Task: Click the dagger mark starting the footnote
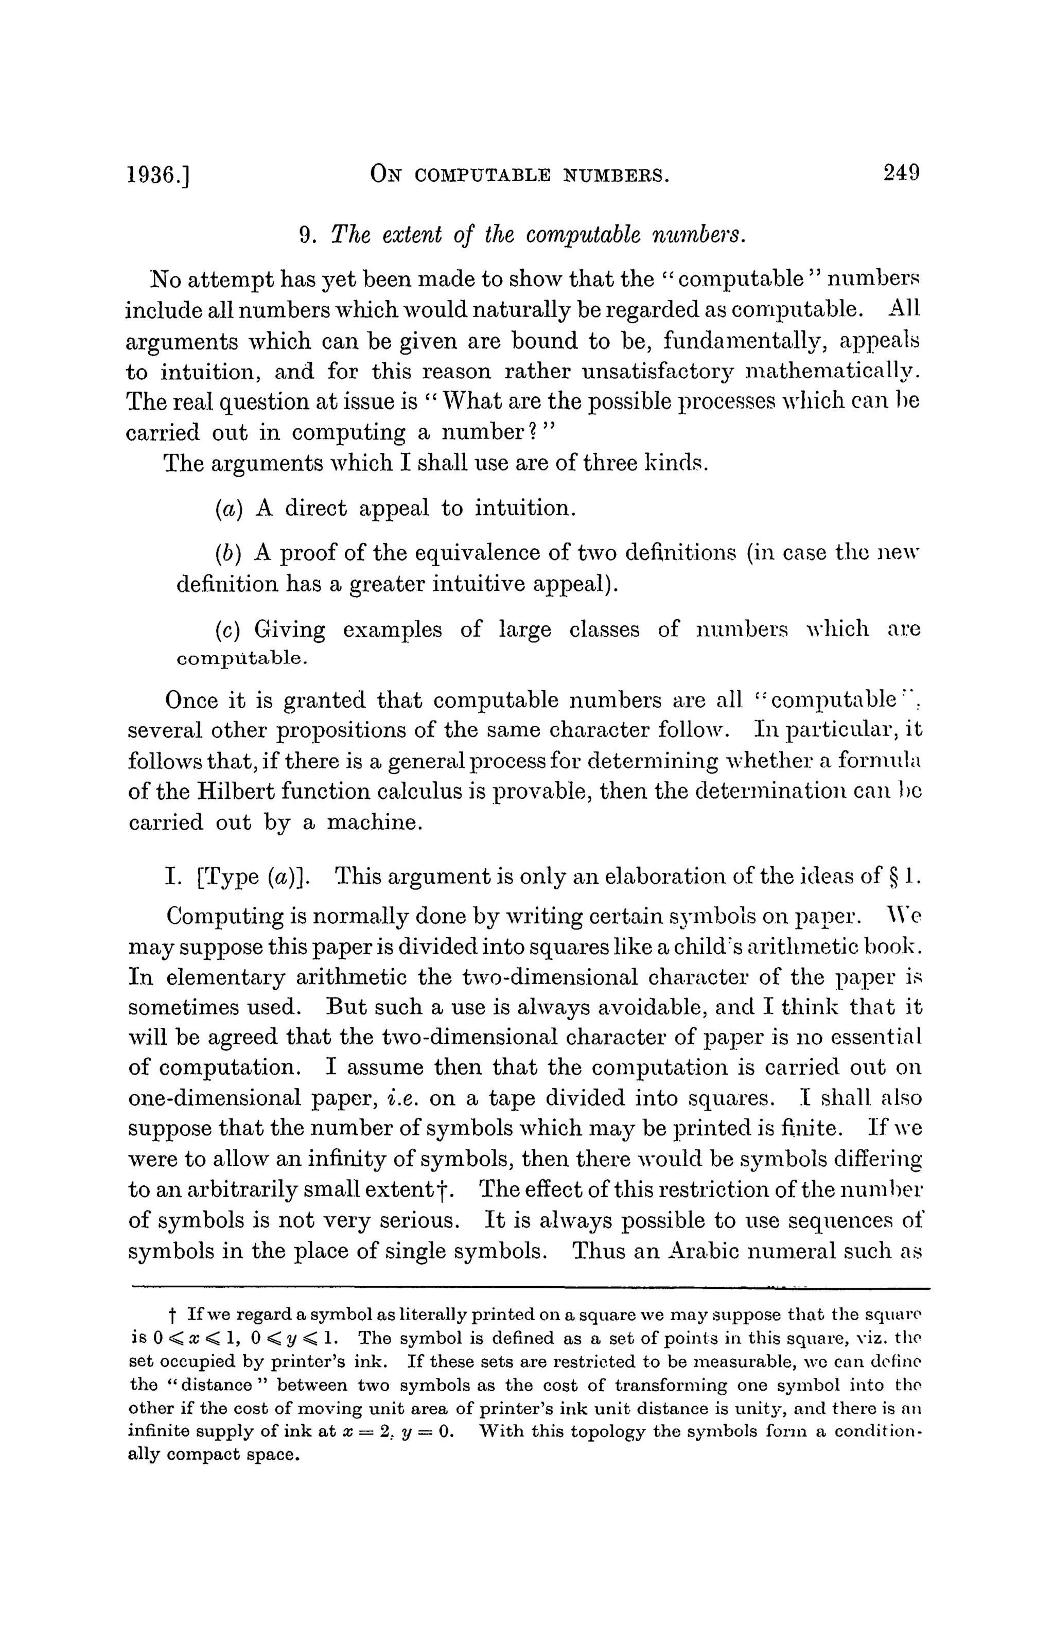pyautogui.click(x=172, y=1316)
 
